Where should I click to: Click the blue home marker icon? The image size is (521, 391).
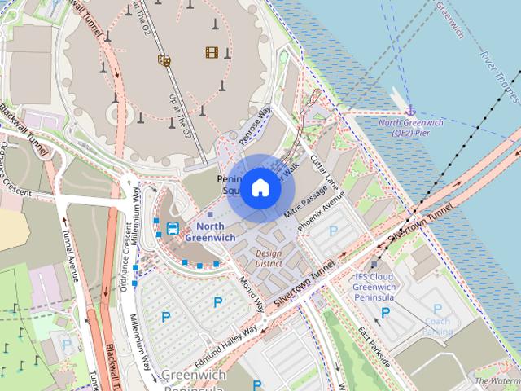coord(260,188)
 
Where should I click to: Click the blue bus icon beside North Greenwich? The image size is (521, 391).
coord(173,228)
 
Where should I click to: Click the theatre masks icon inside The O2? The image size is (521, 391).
coord(164,59)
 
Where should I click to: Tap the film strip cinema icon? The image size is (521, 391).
coord(212,53)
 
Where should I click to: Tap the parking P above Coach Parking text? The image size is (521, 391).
coord(437,310)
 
